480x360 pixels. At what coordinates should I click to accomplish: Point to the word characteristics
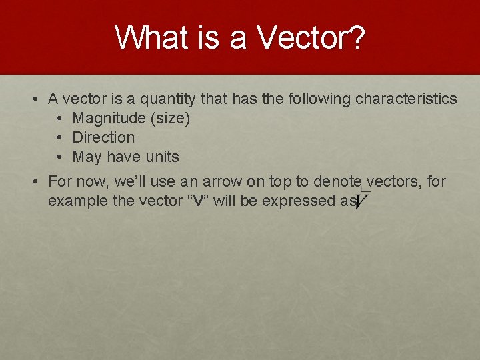click(406, 99)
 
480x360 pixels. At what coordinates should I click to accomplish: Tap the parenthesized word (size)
click(169, 119)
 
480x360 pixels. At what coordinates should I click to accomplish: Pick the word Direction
click(103, 138)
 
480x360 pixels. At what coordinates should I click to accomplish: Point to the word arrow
click(204, 181)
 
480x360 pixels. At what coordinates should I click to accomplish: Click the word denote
click(337, 181)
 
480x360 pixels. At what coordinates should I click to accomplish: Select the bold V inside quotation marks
click(197, 201)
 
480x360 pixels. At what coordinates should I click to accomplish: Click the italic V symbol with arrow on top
click(363, 199)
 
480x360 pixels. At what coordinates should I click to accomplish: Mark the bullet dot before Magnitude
click(60, 119)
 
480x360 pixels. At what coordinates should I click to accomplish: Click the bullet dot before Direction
click(60, 138)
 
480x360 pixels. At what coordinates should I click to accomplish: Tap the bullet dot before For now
click(36, 181)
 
